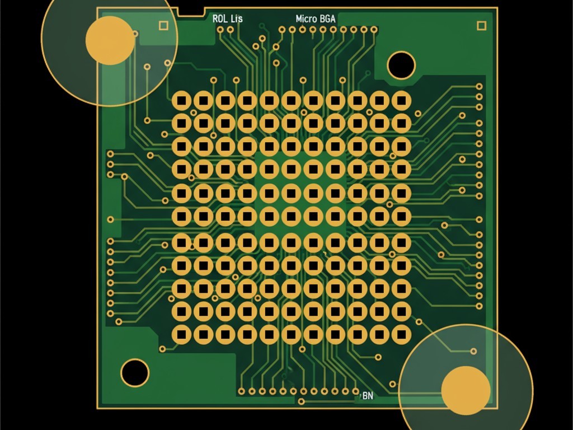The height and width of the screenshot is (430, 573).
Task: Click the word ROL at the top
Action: click(220, 18)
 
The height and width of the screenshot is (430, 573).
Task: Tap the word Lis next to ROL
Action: click(236, 18)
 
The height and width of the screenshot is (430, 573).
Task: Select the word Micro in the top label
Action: click(307, 18)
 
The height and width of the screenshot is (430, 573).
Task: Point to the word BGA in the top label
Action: click(328, 18)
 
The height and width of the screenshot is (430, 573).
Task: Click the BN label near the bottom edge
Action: click(368, 396)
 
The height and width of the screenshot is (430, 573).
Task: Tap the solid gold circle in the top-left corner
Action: click(110, 40)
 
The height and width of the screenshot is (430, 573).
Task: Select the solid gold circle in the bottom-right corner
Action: click(466, 390)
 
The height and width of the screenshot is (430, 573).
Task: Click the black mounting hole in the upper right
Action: click(401, 65)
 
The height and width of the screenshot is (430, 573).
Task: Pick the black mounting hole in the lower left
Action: click(135, 372)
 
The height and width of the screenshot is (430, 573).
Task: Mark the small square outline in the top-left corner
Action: click(163, 25)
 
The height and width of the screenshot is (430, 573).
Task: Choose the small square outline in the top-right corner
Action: click(481, 25)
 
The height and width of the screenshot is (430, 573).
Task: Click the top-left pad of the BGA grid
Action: click(182, 101)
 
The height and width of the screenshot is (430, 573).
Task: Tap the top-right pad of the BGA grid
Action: click(401, 101)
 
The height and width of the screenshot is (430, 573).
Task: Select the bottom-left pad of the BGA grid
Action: click(182, 334)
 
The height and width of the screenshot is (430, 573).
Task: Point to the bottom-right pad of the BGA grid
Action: click(401, 334)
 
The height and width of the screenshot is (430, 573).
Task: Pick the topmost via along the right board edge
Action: click(479, 86)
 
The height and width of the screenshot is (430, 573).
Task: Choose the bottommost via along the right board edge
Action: click(479, 306)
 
